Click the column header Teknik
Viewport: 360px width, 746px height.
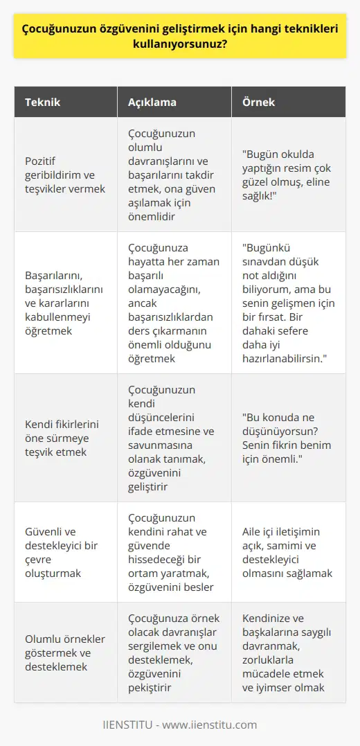[44, 102]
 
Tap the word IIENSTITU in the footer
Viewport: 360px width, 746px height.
[131, 725]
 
